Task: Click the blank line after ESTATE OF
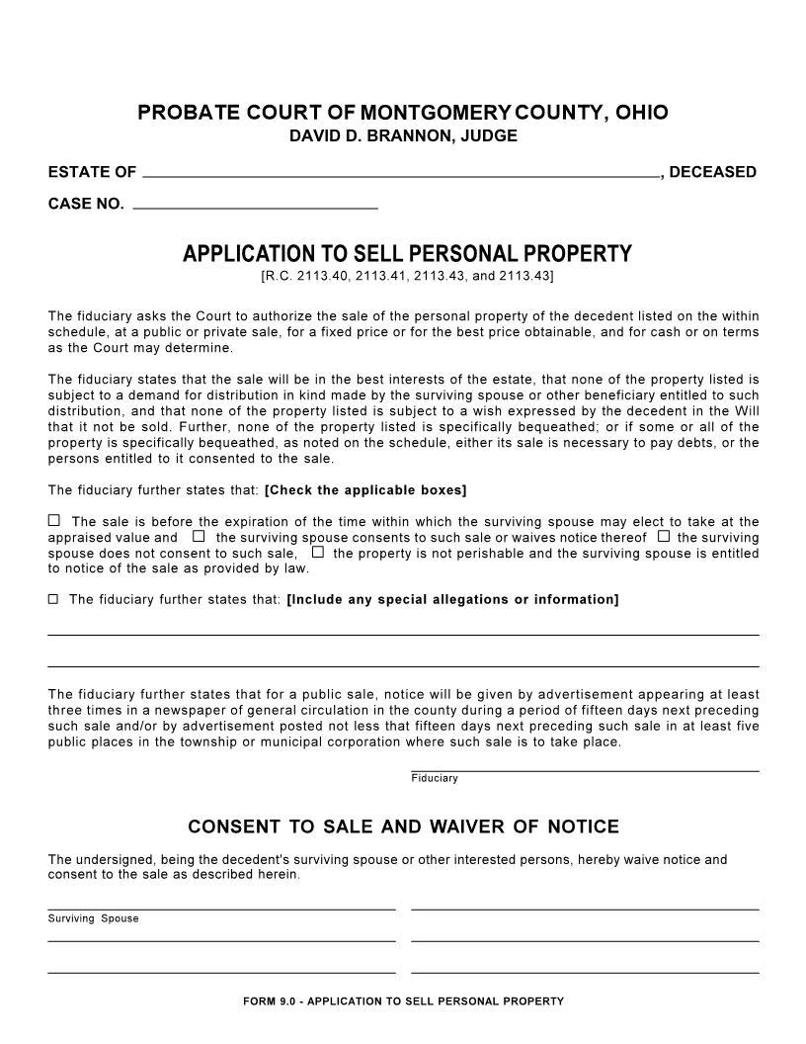click(400, 175)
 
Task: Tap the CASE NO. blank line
click(255, 208)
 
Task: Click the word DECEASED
click(712, 172)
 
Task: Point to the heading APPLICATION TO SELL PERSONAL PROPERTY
click(407, 254)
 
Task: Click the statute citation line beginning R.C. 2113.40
click(407, 276)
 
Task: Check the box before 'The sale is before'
click(54, 520)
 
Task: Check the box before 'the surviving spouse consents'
click(199, 536)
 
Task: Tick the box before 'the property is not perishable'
click(318, 552)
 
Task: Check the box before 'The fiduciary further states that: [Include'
click(53, 599)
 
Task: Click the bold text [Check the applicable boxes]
click(365, 490)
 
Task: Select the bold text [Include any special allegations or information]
click(452, 599)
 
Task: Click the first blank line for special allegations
click(403, 633)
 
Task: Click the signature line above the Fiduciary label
click(585, 769)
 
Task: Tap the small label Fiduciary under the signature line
click(435, 778)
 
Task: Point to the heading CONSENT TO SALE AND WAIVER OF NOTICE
click(403, 826)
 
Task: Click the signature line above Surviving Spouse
click(221, 908)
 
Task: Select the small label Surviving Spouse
click(93, 918)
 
